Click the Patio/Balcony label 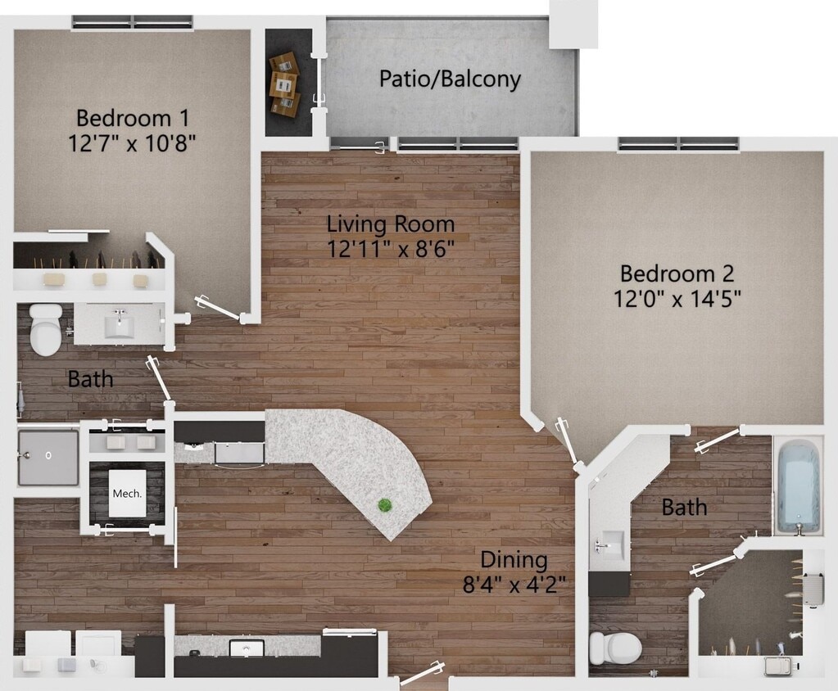coord(450,79)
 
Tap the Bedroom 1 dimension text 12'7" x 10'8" coord(132,143)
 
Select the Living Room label coord(390,223)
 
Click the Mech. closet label coord(127,493)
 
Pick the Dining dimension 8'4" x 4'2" coord(513,585)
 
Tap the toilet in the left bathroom coord(46,329)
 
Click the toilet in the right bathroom coord(615,648)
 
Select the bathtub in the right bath coord(799,486)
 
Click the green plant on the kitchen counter coord(384,505)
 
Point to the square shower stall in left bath coord(48,455)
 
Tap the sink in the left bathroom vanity coord(120,326)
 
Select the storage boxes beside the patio coord(284,84)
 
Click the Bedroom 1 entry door coord(219,309)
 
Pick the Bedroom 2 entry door coord(568,443)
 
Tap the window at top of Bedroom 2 coord(678,145)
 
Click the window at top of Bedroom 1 coord(132,22)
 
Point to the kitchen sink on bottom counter coord(246,648)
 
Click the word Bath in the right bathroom coord(684,508)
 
